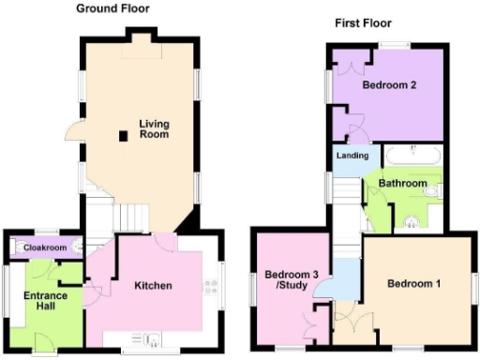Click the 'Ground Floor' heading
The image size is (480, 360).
click(112, 7)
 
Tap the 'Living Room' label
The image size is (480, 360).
click(154, 129)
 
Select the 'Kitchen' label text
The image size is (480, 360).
click(152, 285)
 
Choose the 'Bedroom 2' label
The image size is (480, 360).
click(389, 84)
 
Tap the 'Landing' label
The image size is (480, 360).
click(352, 155)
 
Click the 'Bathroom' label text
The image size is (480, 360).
click(402, 183)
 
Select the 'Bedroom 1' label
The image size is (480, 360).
click(412, 283)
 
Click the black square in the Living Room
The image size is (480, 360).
click(123, 136)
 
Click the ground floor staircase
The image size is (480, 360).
click(132, 217)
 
